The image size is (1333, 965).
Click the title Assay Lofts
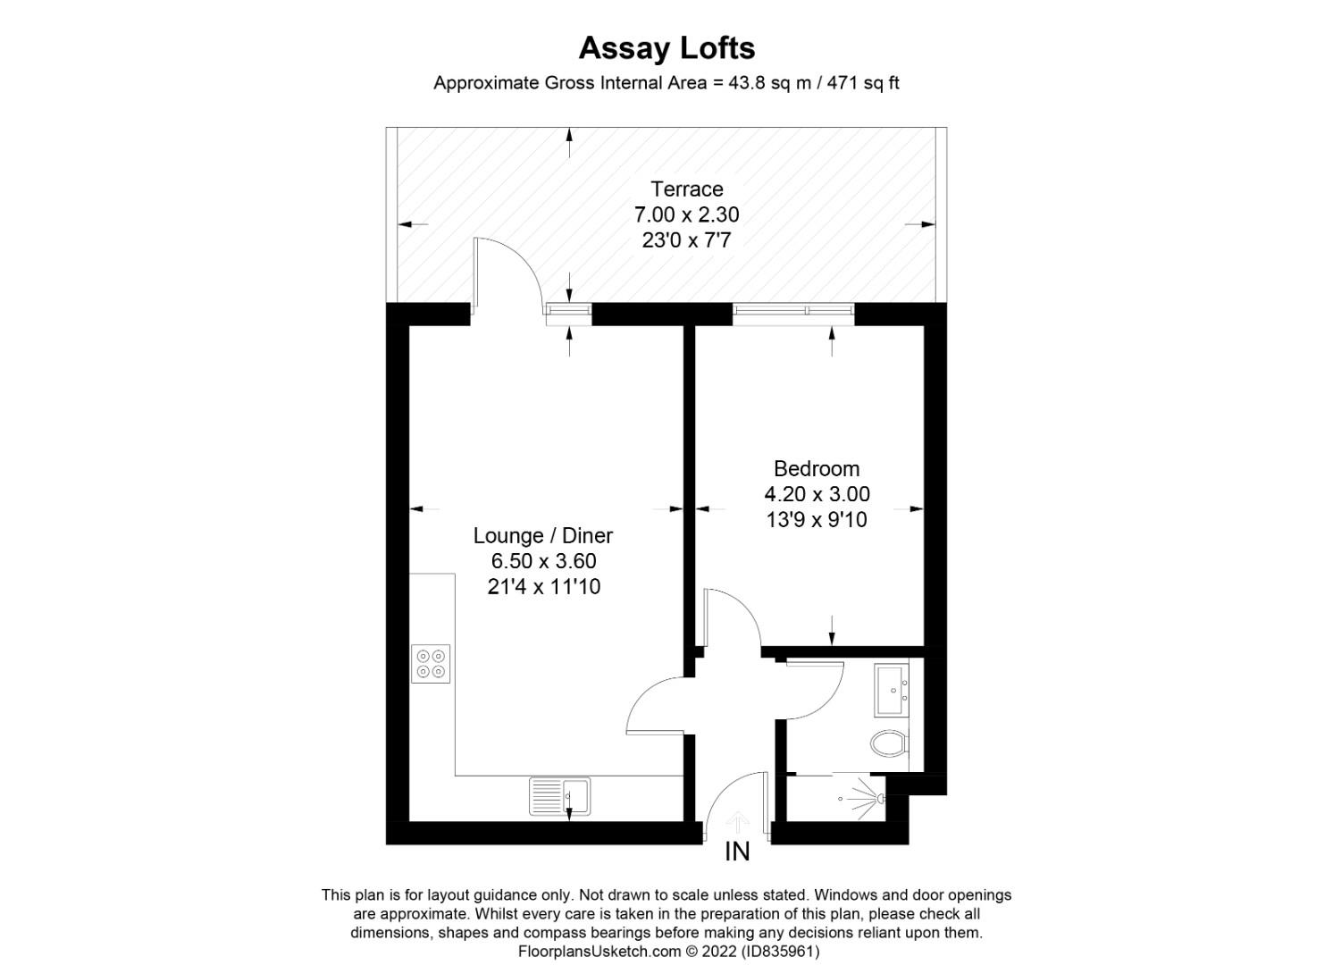pyautogui.click(x=666, y=47)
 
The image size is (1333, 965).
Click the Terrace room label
pyautogui.click(x=686, y=189)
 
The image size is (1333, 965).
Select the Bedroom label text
pyautogui.click(x=817, y=468)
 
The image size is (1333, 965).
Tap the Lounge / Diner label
pyautogui.click(x=542, y=536)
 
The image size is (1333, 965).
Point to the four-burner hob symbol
pyautogui.click(x=431, y=664)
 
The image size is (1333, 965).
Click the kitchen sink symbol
pyautogui.click(x=560, y=795)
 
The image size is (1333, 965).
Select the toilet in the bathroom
pyautogui.click(x=889, y=742)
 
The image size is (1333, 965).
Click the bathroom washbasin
pyautogui.click(x=892, y=690)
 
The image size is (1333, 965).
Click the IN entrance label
pyautogui.click(x=737, y=852)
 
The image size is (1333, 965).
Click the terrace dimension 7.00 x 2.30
pyautogui.click(x=686, y=214)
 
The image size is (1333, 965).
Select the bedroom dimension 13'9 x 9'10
pyautogui.click(x=817, y=519)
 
